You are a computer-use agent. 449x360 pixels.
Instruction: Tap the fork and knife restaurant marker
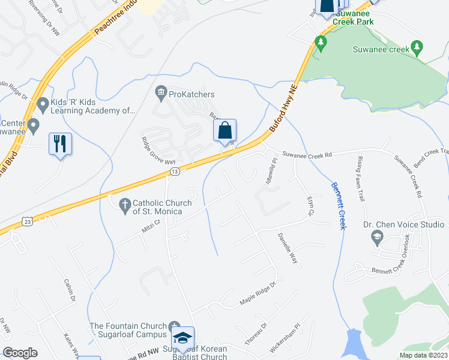pos(59,144)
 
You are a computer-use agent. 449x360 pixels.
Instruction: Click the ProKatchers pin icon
pos(160,91)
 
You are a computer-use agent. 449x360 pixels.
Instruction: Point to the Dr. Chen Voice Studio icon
pos(376,238)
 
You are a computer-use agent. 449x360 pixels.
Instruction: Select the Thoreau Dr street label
pos(255,334)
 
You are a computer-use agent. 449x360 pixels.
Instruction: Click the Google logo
pos(20,353)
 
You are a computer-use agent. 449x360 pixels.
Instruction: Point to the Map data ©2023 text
pos(423,355)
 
